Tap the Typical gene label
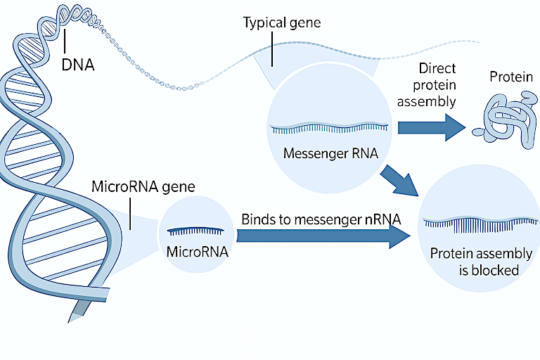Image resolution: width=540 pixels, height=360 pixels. pyautogui.click(x=281, y=23)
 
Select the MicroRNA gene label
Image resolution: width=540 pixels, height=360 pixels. pyautogui.click(x=143, y=188)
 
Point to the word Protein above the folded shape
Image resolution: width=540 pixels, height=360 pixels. pyautogui.click(x=510, y=77)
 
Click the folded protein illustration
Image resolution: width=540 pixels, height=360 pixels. pyautogui.click(x=503, y=118)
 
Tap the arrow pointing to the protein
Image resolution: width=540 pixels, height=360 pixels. pyautogui.click(x=431, y=127)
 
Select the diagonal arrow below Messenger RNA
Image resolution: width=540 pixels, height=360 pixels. pyautogui.click(x=399, y=180)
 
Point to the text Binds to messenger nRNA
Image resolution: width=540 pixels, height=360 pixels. pyautogui.click(x=321, y=219)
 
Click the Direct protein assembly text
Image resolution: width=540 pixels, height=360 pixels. pyautogui.click(x=437, y=84)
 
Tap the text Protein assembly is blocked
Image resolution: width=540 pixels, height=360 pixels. pyautogui.click(x=480, y=262)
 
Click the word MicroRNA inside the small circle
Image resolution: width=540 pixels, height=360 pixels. pyautogui.click(x=198, y=251)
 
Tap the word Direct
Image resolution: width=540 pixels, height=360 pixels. pyautogui.click(x=437, y=69)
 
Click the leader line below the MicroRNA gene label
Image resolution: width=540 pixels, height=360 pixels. pyautogui.click(x=131, y=214)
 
